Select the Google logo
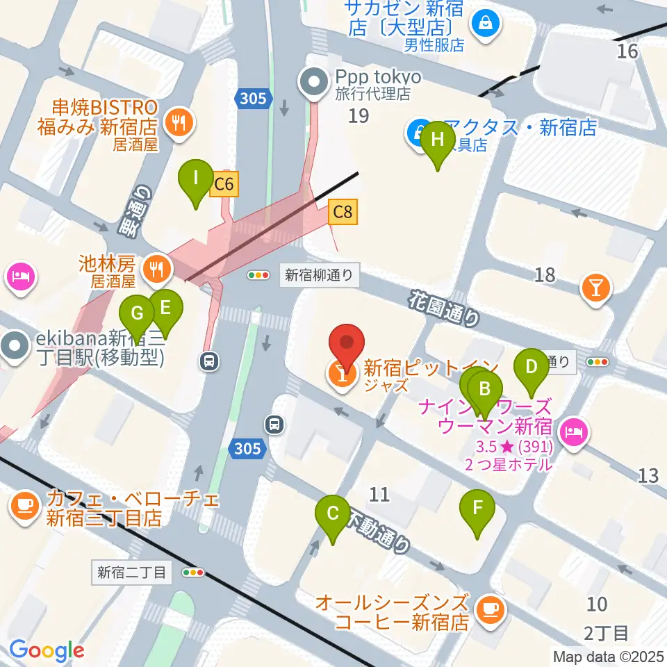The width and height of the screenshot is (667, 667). [x=46, y=650]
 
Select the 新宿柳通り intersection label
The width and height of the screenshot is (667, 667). [x=321, y=275]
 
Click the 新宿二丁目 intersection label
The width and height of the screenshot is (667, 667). [x=132, y=573]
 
